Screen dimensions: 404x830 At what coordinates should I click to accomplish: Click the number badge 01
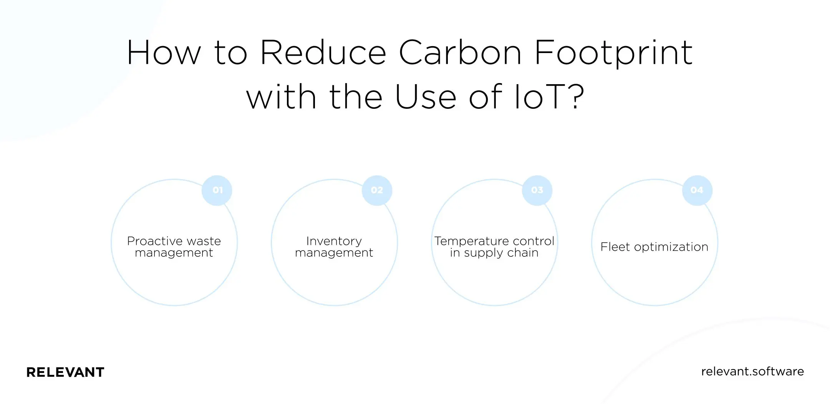click(217, 190)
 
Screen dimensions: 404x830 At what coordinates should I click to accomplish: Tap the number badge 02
click(377, 190)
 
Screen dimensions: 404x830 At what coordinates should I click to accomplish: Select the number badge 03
click(537, 190)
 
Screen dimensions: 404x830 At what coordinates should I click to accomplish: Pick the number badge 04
click(697, 190)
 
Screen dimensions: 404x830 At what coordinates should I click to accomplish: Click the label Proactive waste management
click(174, 247)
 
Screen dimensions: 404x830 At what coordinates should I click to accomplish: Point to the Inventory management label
click(334, 247)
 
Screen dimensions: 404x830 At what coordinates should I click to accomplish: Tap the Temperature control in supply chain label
click(494, 247)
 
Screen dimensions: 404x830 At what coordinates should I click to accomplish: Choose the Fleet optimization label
click(654, 247)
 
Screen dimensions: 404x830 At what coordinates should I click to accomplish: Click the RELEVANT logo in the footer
click(65, 372)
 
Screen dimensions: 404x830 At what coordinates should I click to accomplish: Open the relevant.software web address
click(752, 371)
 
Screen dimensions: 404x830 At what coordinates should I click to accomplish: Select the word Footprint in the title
click(613, 54)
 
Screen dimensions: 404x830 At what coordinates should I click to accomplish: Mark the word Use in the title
click(426, 97)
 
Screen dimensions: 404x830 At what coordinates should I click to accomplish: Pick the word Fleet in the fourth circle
click(615, 247)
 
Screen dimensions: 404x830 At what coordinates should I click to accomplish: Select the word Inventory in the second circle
click(334, 241)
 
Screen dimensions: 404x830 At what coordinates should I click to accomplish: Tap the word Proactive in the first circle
click(155, 241)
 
